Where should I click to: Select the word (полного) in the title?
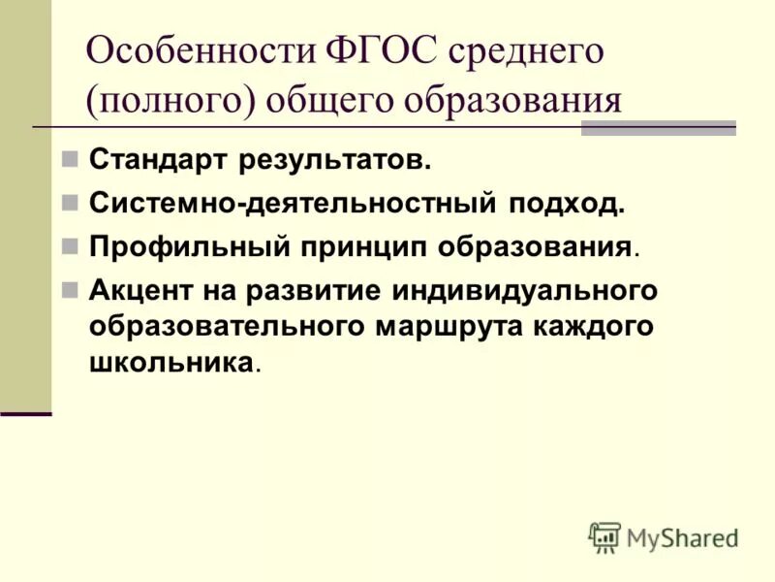[168, 101]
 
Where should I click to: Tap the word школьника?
[172, 363]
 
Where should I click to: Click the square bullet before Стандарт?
[70, 160]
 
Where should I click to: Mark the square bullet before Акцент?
[70, 289]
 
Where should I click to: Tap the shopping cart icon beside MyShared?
[604, 536]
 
